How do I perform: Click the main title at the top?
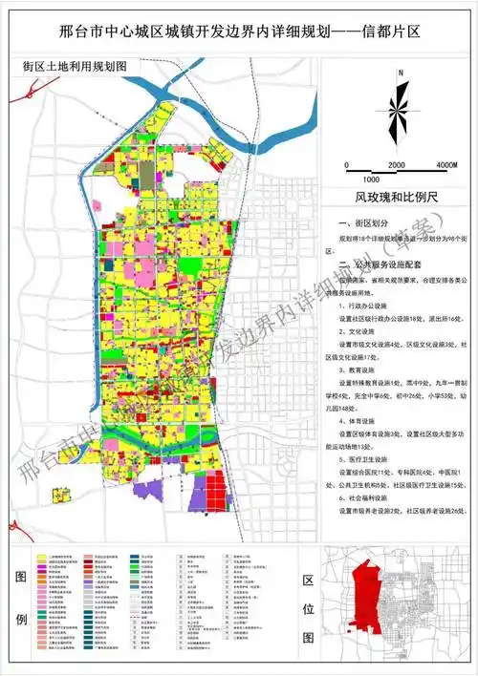[239, 32]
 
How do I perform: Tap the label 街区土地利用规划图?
[74, 70]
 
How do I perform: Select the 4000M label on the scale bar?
[446, 166]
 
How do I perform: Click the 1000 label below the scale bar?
[373, 180]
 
